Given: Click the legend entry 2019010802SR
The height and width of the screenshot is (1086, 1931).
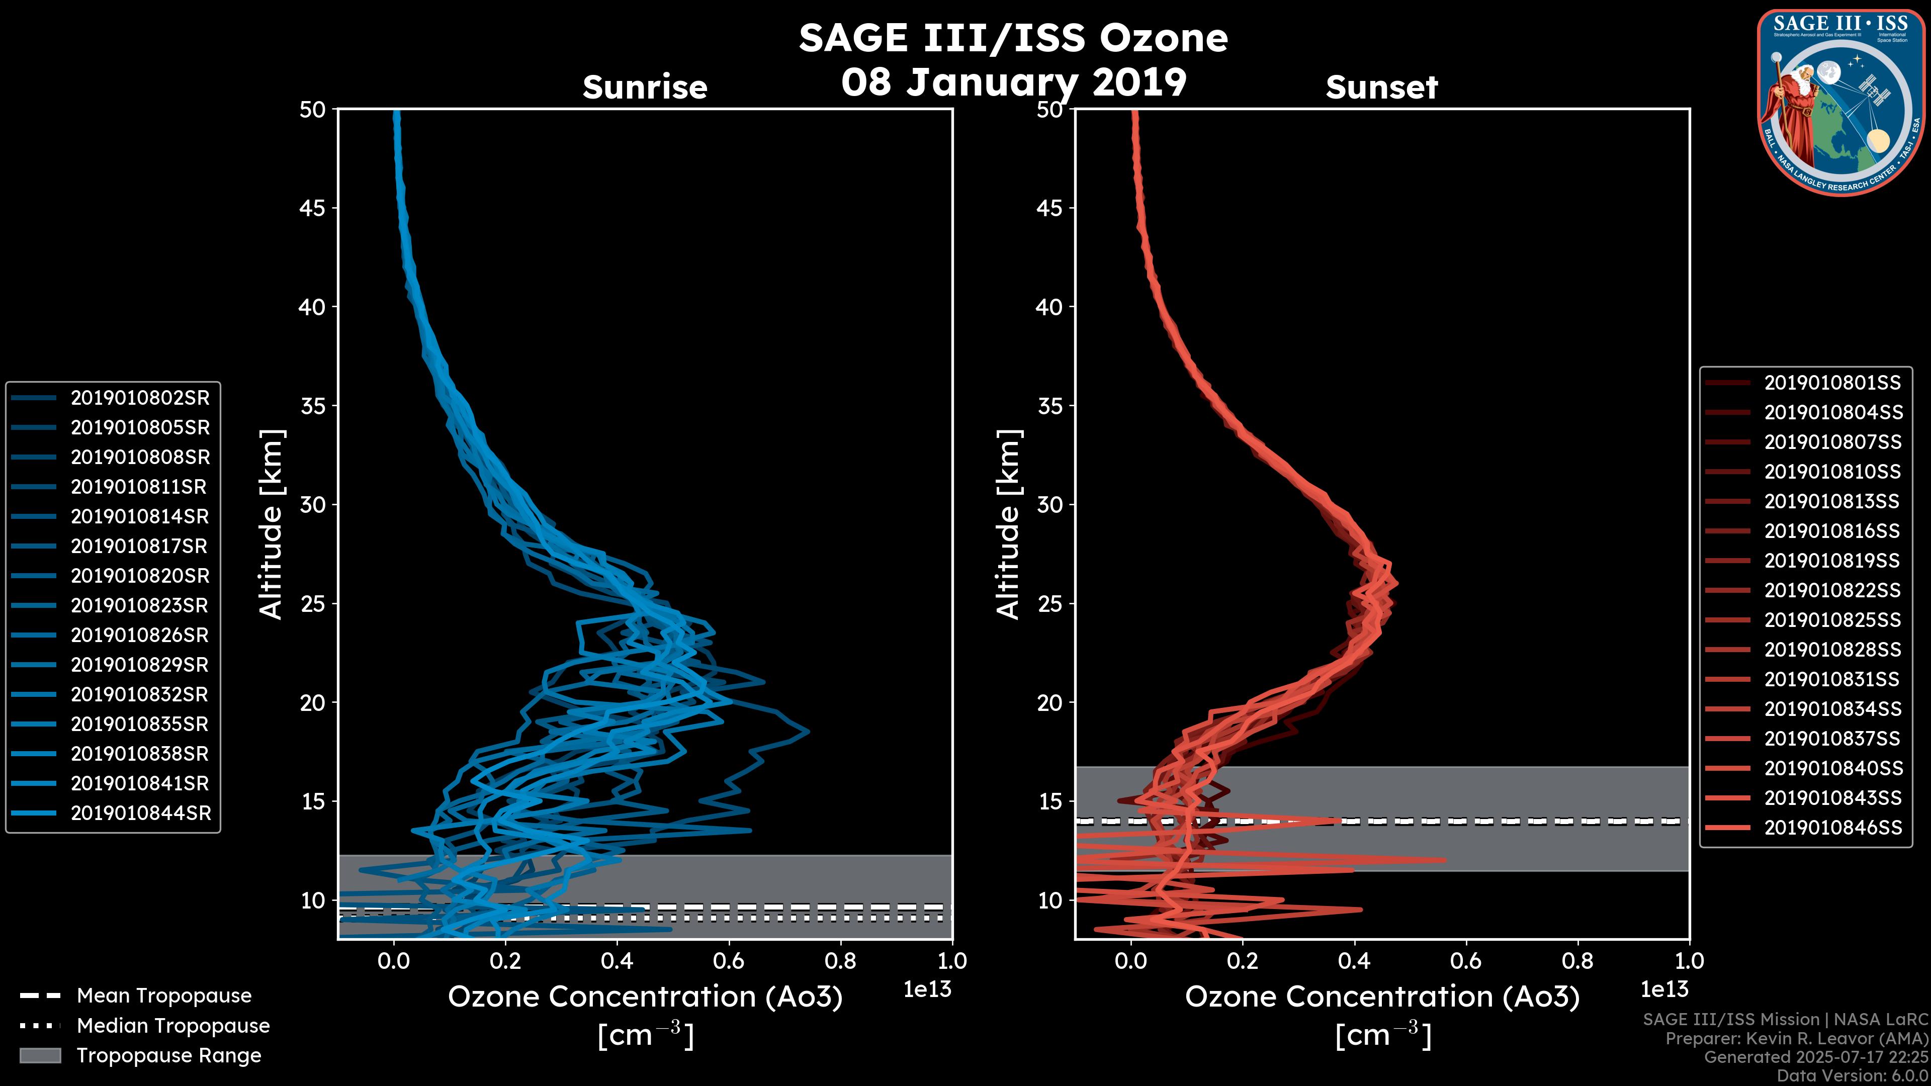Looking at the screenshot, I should (x=140, y=398).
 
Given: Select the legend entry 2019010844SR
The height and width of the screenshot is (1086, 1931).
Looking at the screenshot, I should (x=141, y=813).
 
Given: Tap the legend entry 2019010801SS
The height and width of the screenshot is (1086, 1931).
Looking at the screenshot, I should (x=1832, y=383).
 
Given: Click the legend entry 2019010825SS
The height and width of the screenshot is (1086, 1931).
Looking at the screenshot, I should (x=1832, y=620).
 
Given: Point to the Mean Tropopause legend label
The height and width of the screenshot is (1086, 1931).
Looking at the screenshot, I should (x=164, y=995).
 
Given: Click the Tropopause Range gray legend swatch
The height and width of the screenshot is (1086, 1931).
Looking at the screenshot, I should (x=40, y=1055).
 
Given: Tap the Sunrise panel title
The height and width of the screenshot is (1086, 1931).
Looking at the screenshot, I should (x=645, y=87).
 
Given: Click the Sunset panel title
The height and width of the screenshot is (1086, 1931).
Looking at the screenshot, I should (x=1381, y=87).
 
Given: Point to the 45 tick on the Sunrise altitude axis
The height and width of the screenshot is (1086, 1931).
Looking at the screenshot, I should (x=313, y=208).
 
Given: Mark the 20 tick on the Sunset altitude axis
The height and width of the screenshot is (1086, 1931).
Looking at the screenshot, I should (x=1049, y=702).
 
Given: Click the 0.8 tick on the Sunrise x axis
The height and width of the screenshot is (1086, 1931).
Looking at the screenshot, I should (x=840, y=961).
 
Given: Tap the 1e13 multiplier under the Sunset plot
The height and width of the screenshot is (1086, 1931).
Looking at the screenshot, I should (x=1664, y=989).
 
